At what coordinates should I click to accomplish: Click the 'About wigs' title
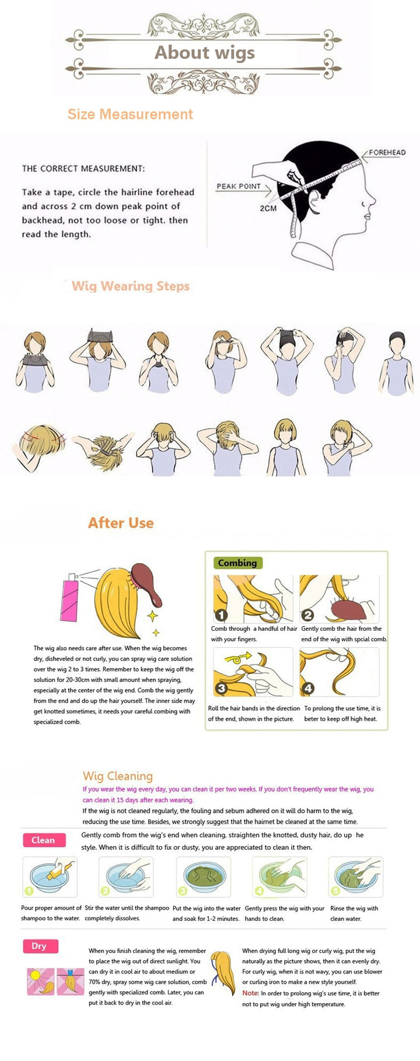pos(205,53)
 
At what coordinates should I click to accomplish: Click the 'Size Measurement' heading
pos(130,114)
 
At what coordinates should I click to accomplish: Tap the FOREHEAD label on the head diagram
pos(387,152)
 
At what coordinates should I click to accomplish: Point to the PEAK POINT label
pos(239,186)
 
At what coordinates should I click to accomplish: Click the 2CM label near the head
pos(268,208)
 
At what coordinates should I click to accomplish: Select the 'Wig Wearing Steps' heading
pos(131,286)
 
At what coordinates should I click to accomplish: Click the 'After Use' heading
pos(121,523)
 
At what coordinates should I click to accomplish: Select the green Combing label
pos(237,563)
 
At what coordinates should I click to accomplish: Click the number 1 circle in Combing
pos(221,615)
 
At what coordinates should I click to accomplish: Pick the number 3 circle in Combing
pos(221,689)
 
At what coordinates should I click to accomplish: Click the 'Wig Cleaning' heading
pos(117,776)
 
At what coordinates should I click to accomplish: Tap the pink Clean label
pos(44,840)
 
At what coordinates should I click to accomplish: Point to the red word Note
pos(250,993)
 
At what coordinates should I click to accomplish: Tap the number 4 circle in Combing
pos(308,689)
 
